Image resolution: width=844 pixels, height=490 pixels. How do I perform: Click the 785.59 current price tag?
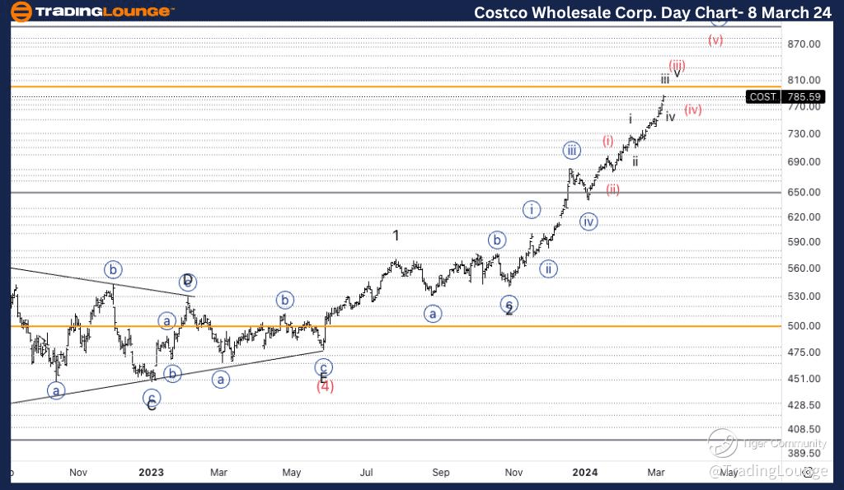[x=805, y=96]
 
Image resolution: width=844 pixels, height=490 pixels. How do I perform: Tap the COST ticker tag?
[x=762, y=96]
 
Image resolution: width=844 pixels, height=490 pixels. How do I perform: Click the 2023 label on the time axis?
[x=151, y=473]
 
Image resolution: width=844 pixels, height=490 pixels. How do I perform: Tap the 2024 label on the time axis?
[x=585, y=473]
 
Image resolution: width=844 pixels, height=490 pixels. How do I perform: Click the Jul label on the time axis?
[x=367, y=473]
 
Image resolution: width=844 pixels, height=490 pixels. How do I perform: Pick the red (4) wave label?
[x=325, y=386]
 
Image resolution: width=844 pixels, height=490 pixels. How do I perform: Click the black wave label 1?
[x=396, y=236]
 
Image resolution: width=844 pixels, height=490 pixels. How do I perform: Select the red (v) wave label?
[x=715, y=40]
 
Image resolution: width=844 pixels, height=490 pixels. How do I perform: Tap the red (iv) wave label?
[x=692, y=110]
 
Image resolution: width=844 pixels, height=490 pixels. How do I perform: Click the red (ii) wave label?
[x=612, y=190]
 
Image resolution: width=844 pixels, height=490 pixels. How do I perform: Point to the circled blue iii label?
[x=572, y=150]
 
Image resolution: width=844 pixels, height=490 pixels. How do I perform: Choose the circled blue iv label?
[x=588, y=222]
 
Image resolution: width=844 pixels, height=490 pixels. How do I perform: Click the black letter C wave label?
[x=152, y=406]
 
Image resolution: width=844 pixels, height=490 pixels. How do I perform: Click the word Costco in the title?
[x=508, y=12]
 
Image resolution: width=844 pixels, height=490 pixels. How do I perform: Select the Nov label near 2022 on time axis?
[x=78, y=473]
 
